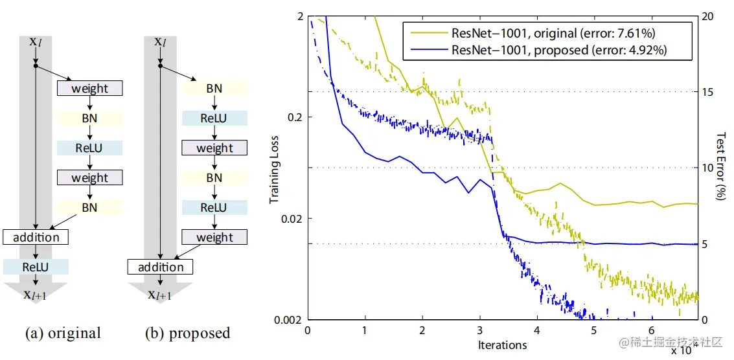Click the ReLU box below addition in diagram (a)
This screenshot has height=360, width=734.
pos(36,267)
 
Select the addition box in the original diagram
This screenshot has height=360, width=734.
pos(36,237)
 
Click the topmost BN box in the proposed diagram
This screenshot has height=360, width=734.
pos(214,88)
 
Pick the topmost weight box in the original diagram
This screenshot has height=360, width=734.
pos(90,88)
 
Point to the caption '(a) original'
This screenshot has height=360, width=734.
pos(63,333)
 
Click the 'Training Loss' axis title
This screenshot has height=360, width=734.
pos(275,168)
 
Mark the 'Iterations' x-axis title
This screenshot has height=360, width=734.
pos(502,344)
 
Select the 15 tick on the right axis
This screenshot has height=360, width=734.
pos(709,92)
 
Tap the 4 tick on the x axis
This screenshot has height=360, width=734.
pos(537,331)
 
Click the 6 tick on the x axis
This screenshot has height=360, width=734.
pos(652,331)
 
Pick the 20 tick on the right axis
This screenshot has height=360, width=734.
pos(709,16)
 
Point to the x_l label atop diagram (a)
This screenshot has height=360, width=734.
pos(36,41)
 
